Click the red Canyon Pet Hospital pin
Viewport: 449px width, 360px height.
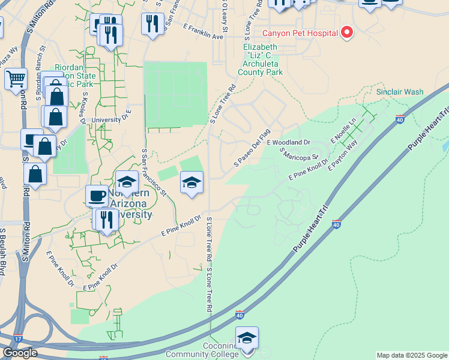pyautogui.click(x=346, y=32)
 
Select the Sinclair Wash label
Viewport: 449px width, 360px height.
pyautogui.click(x=400, y=92)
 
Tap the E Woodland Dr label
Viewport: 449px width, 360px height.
pyautogui.click(x=288, y=142)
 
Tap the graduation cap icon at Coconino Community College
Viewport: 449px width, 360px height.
pyautogui.click(x=247, y=338)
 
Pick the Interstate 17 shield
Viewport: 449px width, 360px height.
pyautogui.click(x=18, y=339)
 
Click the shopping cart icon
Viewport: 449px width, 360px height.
pyautogui.click(x=16, y=79)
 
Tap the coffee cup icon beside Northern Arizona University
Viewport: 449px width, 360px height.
pyautogui.click(x=96, y=195)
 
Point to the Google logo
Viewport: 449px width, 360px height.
pyautogui.click(x=20, y=353)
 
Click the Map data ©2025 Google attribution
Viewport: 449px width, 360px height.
pyautogui.click(x=411, y=355)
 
